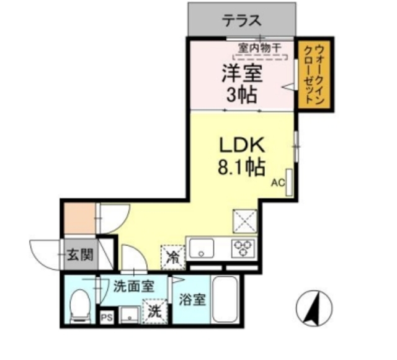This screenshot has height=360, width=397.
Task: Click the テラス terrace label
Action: (x=242, y=20)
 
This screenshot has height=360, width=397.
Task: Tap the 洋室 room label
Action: (x=243, y=74)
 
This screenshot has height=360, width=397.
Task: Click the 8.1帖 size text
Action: (x=243, y=166)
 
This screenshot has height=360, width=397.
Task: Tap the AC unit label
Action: (x=277, y=182)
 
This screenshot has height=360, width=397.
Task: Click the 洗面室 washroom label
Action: (x=133, y=287)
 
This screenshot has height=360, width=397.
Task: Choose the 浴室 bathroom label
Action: (x=192, y=299)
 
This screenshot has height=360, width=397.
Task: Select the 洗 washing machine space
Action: (x=153, y=311)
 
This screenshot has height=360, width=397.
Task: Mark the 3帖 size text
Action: (x=243, y=96)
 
